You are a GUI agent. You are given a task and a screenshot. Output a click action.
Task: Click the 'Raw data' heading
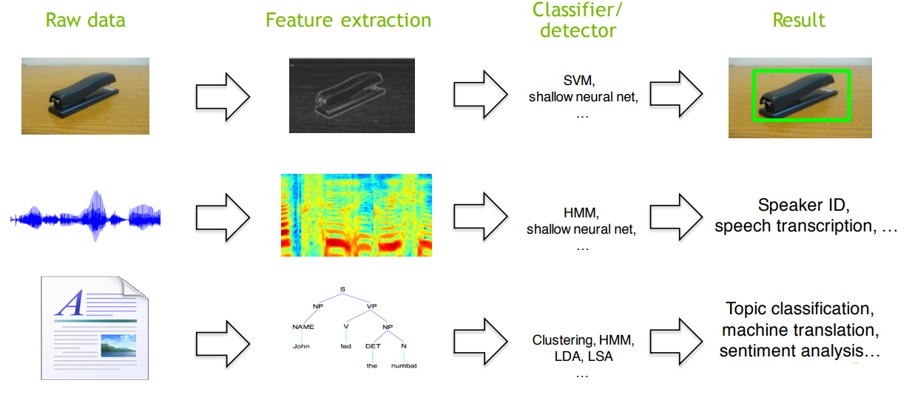tap(85, 20)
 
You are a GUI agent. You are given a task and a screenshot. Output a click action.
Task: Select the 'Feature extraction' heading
tap(348, 20)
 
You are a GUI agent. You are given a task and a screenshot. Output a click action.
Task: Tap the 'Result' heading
tap(799, 20)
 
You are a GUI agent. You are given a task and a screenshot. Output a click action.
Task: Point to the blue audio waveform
tap(86, 217)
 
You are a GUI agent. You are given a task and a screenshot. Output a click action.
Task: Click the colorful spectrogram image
tap(356, 215)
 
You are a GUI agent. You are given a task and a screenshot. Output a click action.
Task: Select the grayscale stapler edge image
tap(351, 95)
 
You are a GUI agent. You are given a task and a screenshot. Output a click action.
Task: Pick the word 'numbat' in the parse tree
tap(404, 365)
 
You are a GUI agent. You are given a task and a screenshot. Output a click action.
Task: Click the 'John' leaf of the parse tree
tap(300, 345)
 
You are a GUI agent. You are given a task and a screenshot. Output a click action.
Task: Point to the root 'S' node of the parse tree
tap(342, 289)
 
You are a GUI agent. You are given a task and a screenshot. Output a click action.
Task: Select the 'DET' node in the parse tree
tap(372, 345)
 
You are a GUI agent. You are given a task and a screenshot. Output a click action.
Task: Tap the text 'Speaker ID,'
tap(803, 206)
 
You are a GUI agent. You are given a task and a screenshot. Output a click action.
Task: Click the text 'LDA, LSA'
tap(583, 356)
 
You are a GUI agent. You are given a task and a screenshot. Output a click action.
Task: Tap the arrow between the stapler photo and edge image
tap(223, 96)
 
